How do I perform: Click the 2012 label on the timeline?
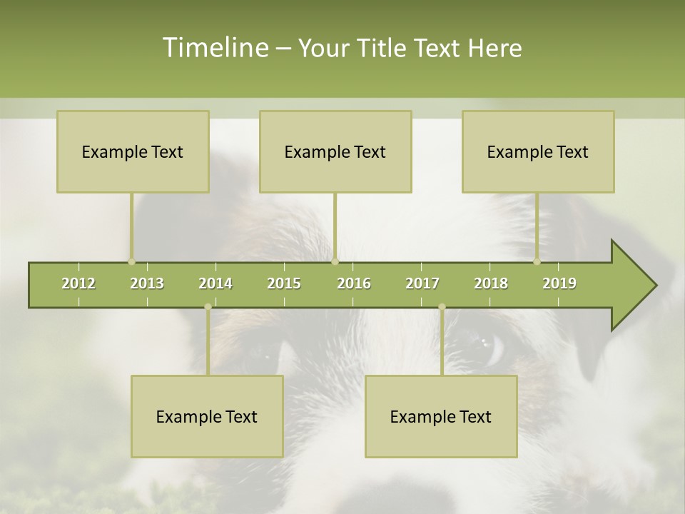78,283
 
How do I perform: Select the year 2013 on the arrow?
147,283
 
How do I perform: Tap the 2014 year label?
215,283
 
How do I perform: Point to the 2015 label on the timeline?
284,283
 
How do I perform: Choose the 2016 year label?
354,283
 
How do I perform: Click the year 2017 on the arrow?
422,283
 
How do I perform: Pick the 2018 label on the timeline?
491,283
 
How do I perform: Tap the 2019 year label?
559,283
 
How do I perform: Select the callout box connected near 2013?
133,151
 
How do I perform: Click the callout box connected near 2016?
335,151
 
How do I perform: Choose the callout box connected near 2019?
538,151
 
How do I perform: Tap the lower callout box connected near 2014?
207,416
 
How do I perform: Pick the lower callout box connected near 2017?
441,416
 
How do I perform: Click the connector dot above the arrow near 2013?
131,261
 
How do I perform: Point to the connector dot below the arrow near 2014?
208,307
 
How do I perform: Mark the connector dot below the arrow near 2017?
442,307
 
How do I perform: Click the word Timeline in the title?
215,48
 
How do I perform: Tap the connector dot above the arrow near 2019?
537,261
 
